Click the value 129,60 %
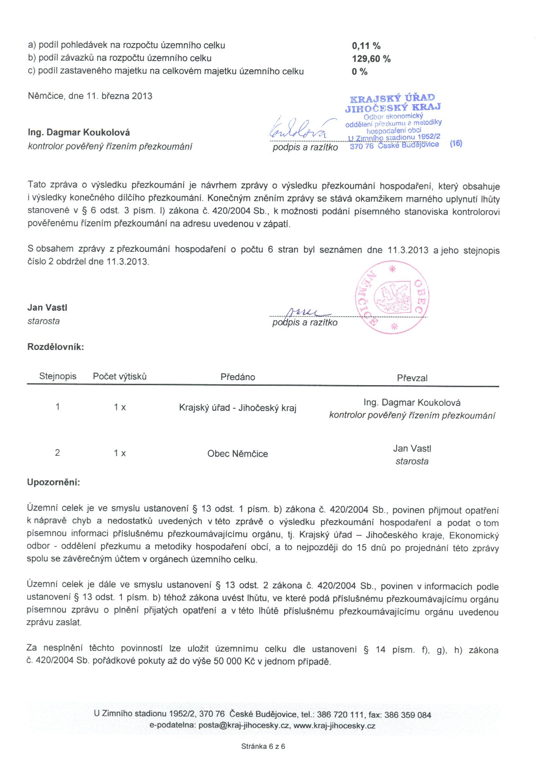pos(371,59)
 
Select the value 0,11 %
pos(366,46)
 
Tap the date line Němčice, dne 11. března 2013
pos(90,96)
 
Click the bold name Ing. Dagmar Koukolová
pos(79,133)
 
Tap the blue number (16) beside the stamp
pos(456,143)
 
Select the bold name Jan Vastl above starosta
pos(47,308)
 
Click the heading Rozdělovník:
pos(56,347)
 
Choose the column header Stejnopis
pos(58,376)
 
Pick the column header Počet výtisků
pos(120,377)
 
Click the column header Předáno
pos(238,377)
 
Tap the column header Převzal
pos(412,378)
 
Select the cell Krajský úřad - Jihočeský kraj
pos(238,408)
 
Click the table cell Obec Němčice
pos(238,454)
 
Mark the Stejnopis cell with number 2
pos(57,453)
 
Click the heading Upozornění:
pos(53,482)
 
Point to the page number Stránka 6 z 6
pos(263,746)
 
